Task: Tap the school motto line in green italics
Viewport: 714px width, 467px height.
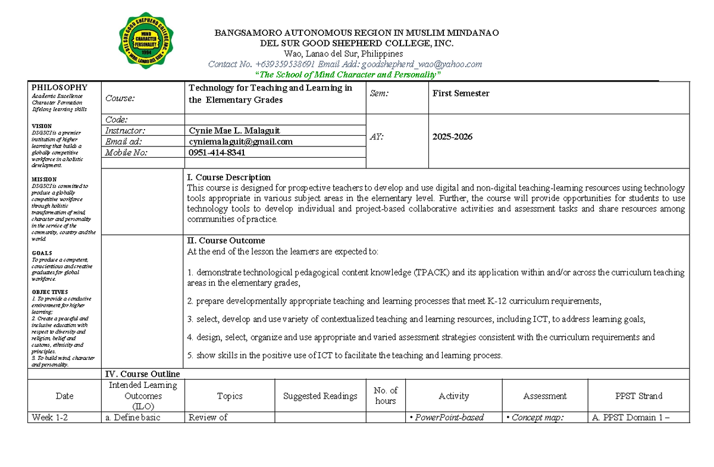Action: click(x=347, y=74)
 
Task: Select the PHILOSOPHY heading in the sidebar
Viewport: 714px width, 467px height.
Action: click(x=59, y=87)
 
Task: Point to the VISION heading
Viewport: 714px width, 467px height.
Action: click(x=42, y=126)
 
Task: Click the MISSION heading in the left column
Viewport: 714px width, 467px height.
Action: click(x=45, y=179)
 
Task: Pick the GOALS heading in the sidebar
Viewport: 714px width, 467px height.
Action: click(x=42, y=253)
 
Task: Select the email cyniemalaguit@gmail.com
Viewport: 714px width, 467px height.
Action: click(x=240, y=142)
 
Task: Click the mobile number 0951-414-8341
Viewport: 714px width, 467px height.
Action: click(x=217, y=152)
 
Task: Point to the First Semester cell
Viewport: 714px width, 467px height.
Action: click(x=461, y=93)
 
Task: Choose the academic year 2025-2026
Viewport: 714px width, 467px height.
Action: click(x=452, y=137)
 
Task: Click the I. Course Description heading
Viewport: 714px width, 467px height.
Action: click(x=229, y=177)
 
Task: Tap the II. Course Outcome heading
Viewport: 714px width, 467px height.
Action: click(x=226, y=241)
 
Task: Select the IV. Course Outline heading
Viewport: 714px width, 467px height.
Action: click(x=142, y=374)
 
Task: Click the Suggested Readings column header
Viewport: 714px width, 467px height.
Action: click(x=320, y=396)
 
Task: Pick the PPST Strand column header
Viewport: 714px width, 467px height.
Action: click(x=639, y=396)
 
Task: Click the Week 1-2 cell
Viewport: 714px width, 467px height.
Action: click(x=50, y=418)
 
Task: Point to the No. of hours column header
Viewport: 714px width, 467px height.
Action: click(x=385, y=396)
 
